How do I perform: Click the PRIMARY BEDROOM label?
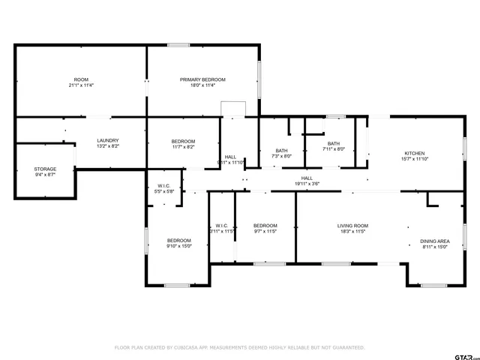tap(202, 79)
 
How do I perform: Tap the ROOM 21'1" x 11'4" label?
tap(80, 79)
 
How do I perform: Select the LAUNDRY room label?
tap(108, 141)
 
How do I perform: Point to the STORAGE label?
tap(44, 169)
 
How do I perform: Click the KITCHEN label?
tap(415, 152)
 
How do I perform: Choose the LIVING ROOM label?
tap(352, 226)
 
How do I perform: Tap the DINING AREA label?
tap(434, 241)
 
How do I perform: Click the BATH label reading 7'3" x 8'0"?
tap(281, 151)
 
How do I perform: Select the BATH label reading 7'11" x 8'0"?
tap(334, 144)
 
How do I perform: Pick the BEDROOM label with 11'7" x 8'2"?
tap(183, 142)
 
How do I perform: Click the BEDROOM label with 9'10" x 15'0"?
tap(178, 241)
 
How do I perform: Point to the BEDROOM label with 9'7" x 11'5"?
tap(265, 226)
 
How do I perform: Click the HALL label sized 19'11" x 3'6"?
tap(307, 178)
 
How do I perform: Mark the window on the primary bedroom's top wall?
tap(178, 45)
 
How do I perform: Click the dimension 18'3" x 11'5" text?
tap(352, 232)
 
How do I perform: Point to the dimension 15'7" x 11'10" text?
tap(415, 158)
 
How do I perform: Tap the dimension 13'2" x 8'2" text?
tap(108, 147)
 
